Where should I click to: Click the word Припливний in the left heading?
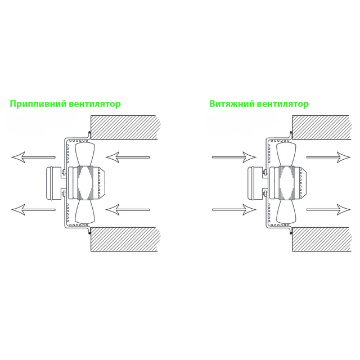[38, 104]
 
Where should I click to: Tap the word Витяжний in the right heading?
[232, 104]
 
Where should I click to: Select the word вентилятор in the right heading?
[283, 104]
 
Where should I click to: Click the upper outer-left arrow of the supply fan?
[33, 157]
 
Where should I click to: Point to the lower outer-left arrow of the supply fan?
[33, 210]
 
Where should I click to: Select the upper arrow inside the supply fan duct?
[128, 157]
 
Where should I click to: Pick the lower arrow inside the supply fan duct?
[128, 210]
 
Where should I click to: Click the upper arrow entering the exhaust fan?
[234, 157]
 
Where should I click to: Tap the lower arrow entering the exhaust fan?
[234, 210]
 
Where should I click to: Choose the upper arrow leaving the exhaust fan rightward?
[328, 157]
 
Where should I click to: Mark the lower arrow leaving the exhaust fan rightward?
[328, 210]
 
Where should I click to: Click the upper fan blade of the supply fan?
[85, 154]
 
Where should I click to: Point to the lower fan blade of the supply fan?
[85, 211]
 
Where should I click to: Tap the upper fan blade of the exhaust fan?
[286, 154]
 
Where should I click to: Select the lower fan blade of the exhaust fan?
[286, 211]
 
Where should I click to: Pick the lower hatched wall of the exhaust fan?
[321, 239]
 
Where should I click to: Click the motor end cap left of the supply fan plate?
[53, 183]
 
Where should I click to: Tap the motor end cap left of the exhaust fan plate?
[255, 183]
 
